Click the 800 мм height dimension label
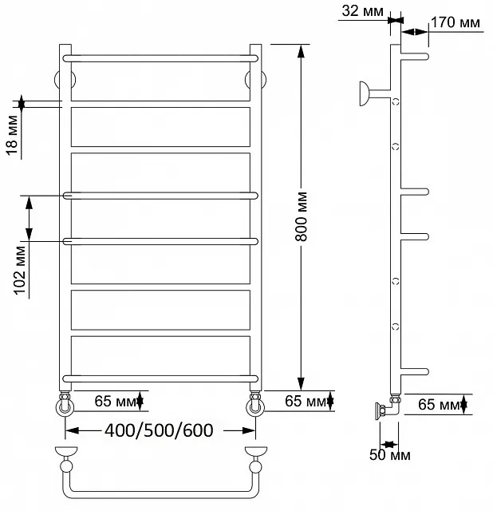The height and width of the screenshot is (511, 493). pyautogui.click(x=302, y=216)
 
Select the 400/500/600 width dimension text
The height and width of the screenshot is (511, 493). pyautogui.click(x=159, y=430)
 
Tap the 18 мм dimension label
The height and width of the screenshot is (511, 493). pyautogui.click(x=12, y=136)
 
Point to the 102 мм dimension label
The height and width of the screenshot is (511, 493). pyautogui.click(x=19, y=271)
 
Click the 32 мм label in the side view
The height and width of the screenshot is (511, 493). pyautogui.click(x=362, y=11)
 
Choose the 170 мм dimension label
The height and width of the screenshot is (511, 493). pyautogui.click(x=456, y=22)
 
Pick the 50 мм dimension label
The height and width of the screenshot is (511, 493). pyautogui.click(x=390, y=454)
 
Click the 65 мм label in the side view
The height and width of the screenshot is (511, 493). pyautogui.click(x=439, y=405)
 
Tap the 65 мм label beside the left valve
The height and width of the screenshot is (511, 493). pyautogui.click(x=115, y=401)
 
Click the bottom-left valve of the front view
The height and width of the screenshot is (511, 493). pyautogui.click(x=65, y=404)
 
